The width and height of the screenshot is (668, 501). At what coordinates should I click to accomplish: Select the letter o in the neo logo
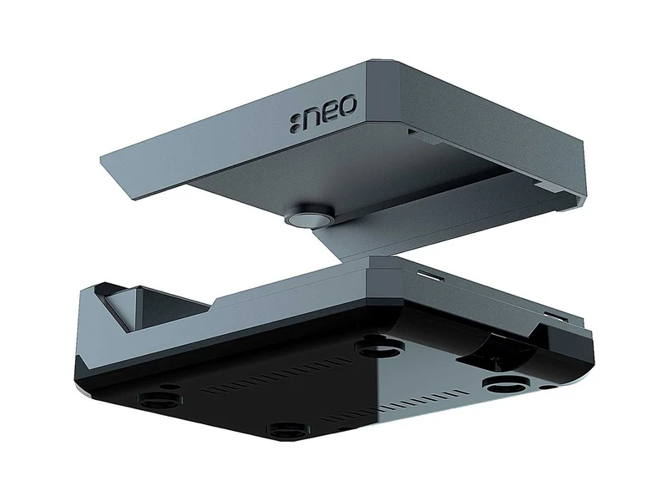point(347,105)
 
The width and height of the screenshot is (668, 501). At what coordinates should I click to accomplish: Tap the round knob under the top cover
point(308,217)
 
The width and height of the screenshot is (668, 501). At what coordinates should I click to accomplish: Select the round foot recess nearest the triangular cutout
point(159,402)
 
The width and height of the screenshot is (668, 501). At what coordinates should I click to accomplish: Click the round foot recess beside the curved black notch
point(506,386)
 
